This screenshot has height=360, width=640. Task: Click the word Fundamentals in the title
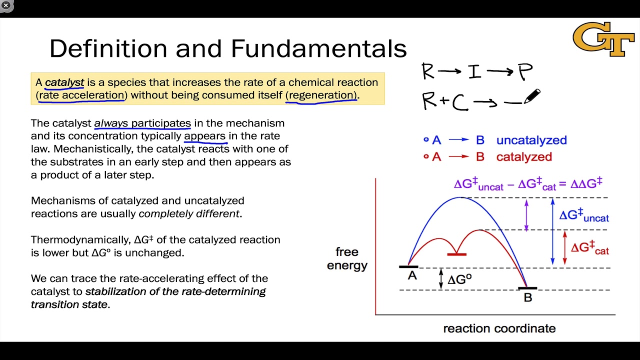pos(318,49)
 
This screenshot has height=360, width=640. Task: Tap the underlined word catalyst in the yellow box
pos(64,82)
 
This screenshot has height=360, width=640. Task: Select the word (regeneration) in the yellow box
pos(321,95)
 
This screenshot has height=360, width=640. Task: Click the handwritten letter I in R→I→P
pos(474,72)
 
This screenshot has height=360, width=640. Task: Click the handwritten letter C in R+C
pos(460,102)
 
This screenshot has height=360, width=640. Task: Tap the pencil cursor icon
pos(532,96)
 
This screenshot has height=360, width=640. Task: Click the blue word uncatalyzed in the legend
pos(531,140)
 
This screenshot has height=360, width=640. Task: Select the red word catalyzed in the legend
pos(524,157)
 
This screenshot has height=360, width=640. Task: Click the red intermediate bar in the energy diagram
pos(456,254)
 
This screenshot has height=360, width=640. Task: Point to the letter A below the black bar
pos(412,275)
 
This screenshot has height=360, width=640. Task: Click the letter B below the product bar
pos(527,297)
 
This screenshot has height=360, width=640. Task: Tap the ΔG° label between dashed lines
pos(458,279)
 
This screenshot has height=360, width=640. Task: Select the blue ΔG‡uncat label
pos(584,215)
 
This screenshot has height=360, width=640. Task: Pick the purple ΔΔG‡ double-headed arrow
pos(526,215)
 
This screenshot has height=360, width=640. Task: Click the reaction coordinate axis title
pos(499,328)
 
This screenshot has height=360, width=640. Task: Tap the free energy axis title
pos(347,258)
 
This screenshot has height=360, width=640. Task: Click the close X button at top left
pos(6,5)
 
